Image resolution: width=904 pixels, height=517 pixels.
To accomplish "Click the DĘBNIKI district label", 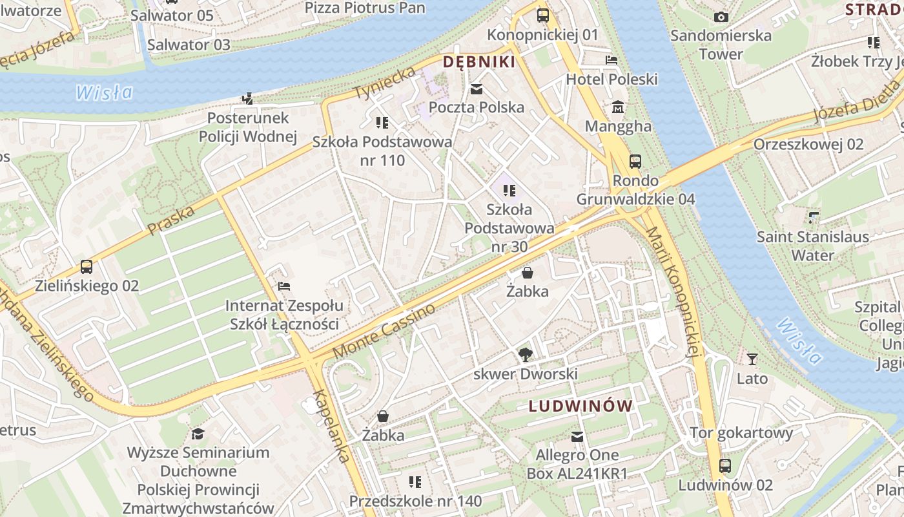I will [x=478, y=62].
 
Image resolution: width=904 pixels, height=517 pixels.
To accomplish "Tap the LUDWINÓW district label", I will [x=580, y=406].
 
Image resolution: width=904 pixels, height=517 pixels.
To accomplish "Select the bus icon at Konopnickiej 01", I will [x=543, y=15].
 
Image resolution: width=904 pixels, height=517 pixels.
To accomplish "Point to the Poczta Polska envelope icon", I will [x=477, y=89].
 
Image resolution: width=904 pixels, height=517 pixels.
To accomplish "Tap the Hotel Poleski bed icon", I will [x=611, y=60].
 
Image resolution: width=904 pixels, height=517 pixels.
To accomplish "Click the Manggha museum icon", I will [x=618, y=107].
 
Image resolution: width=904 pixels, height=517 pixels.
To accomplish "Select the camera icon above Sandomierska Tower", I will [x=721, y=17].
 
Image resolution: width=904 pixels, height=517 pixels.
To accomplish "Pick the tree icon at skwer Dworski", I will [x=526, y=354].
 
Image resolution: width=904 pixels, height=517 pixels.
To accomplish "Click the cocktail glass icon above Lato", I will [x=752, y=359].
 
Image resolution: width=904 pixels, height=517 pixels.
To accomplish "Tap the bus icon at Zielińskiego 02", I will [x=87, y=266].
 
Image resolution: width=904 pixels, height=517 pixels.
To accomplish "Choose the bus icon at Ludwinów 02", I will [x=725, y=465].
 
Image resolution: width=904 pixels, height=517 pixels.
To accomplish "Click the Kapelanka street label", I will [x=334, y=425].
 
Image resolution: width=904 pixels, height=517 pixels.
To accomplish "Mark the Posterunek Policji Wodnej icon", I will [x=247, y=99].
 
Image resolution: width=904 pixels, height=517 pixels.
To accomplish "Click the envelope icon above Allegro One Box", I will [x=577, y=437].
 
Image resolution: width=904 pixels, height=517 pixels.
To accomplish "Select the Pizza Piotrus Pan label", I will [x=365, y=8].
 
